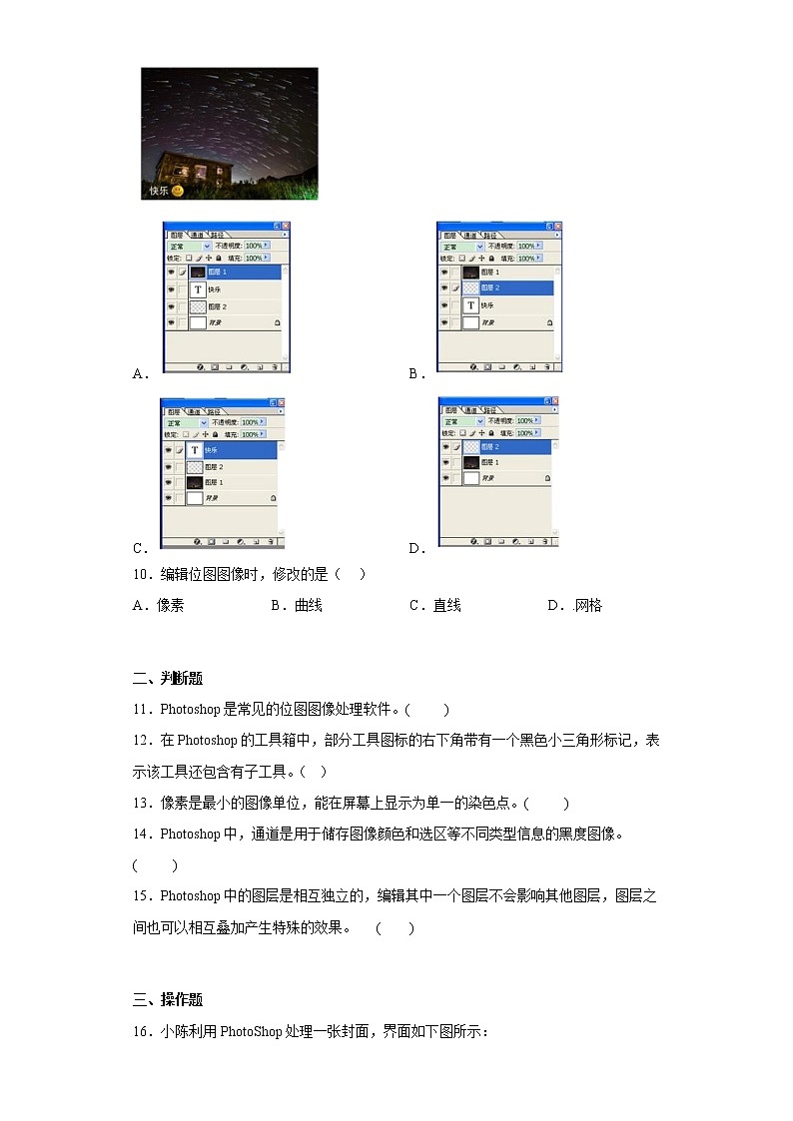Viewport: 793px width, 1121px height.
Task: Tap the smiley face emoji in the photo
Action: (x=178, y=190)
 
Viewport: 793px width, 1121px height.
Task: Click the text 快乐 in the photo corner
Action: (x=159, y=191)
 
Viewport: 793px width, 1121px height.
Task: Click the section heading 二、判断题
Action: (x=167, y=679)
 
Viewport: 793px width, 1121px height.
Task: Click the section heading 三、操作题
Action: (x=167, y=1000)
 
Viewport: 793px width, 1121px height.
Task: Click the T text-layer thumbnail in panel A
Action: (x=198, y=289)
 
